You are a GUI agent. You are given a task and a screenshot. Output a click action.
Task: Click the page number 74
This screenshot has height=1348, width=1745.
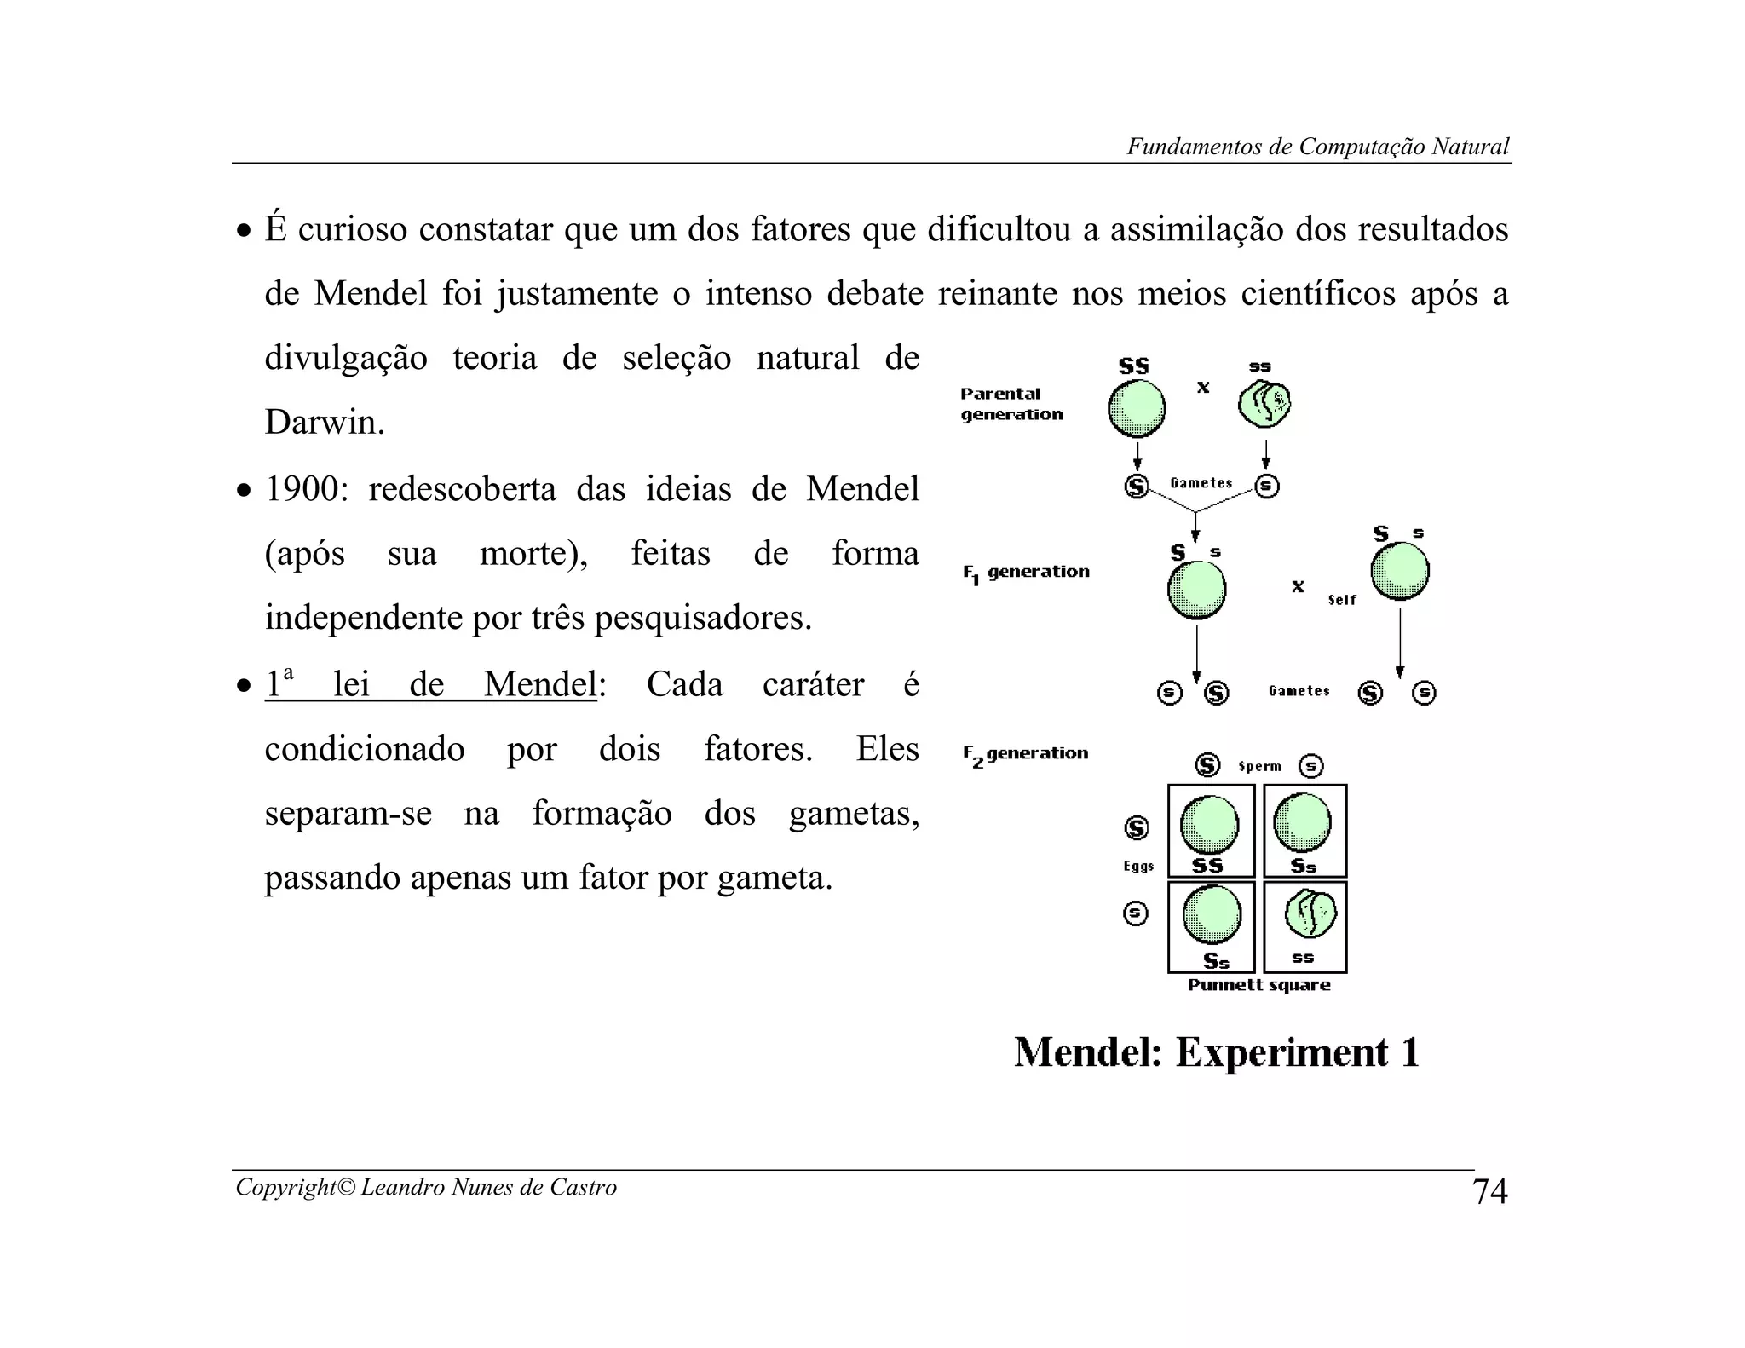pyautogui.click(x=1489, y=1191)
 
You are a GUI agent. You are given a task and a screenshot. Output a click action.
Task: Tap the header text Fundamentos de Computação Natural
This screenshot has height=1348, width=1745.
pyautogui.click(x=1317, y=147)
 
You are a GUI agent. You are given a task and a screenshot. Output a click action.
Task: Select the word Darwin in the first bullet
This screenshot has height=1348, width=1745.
pyautogui.click(x=324, y=423)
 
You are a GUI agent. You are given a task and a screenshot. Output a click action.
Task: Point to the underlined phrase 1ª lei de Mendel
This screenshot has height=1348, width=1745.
pyautogui.click(x=430, y=685)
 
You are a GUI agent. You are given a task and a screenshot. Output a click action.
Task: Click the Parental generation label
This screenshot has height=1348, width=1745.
pyautogui.click(x=1011, y=404)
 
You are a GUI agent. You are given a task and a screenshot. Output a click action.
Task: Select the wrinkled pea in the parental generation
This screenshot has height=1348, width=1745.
pyautogui.click(x=1264, y=404)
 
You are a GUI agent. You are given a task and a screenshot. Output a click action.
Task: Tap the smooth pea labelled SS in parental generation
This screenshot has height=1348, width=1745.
pyautogui.click(x=1137, y=408)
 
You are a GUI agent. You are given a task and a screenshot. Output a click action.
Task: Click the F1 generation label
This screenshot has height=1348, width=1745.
pyautogui.click(x=1026, y=573)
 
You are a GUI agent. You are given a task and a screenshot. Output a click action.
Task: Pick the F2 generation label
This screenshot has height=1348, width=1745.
pyautogui.click(x=1025, y=754)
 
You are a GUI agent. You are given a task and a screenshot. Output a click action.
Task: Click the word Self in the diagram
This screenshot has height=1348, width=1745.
pyautogui.click(x=1341, y=600)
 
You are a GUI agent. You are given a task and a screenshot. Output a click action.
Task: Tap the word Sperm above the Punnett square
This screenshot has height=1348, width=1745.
pyautogui.click(x=1259, y=766)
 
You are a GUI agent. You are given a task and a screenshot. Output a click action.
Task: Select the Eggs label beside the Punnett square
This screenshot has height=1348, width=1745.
pyautogui.click(x=1138, y=867)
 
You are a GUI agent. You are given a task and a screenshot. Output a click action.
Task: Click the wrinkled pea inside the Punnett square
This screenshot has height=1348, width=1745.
pyautogui.click(x=1310, y=914)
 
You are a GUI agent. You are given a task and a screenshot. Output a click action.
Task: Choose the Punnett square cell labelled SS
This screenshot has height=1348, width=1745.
pyautogui.click(x=1210, y=831)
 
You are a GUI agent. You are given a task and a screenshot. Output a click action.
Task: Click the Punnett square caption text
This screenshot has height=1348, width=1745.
pyautogui.click(x=1258, y=985)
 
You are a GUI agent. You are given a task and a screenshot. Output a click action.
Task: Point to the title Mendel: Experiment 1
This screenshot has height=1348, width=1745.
pyautogui.click(x=1216, y=1052)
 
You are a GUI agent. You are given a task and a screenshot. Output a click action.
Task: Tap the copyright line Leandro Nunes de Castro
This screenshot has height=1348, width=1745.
pyautogui.click(x=426, y=1187)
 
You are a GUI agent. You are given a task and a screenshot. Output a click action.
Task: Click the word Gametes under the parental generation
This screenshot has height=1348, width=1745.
pyautogui.click(x=1201, y=483)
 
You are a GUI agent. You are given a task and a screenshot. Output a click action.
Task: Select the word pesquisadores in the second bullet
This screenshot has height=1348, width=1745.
pyautogui.click(x=702, y=618)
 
